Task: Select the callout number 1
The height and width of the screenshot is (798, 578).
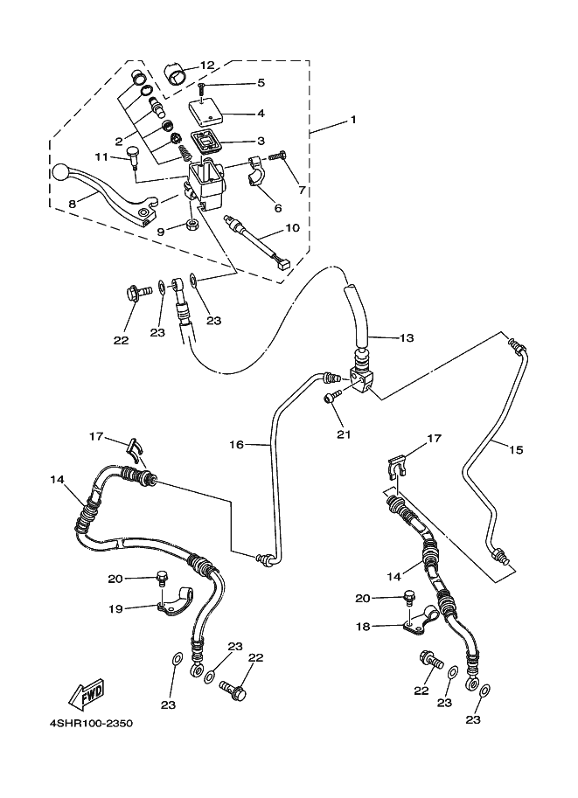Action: point(352,120)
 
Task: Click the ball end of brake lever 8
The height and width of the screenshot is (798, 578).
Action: point(60,171)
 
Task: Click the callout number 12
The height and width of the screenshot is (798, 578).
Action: point(207,66)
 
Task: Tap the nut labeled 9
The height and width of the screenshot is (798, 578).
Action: point(192,225)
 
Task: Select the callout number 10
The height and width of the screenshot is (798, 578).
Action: point(292,227)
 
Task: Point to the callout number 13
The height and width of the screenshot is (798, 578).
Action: point(407,337)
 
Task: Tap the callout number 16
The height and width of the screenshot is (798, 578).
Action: point(236,445)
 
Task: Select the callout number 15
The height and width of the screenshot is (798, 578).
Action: point(516,450)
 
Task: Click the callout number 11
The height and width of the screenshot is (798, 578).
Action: point(101,156)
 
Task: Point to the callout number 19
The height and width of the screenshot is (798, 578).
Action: point(115,608)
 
